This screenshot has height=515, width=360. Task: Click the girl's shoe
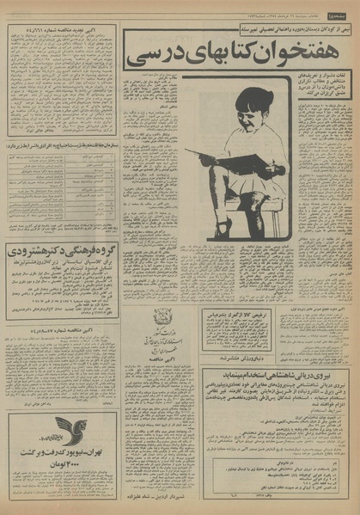(x=222, y=228)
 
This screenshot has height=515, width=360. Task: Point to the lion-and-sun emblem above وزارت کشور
(x=161, y=316)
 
